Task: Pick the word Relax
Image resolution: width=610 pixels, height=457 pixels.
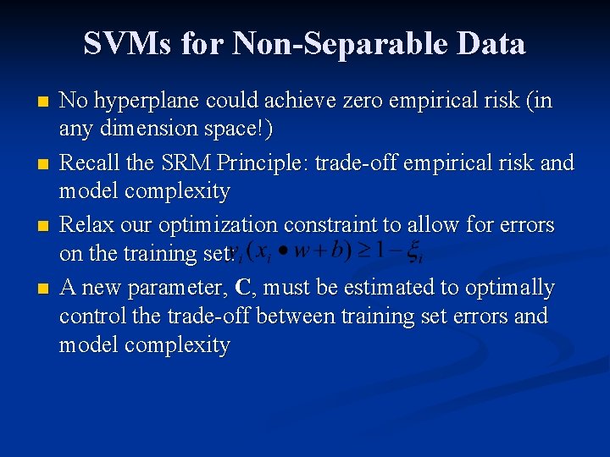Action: (85, 225)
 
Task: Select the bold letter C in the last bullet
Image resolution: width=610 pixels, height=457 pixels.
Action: (242, 288)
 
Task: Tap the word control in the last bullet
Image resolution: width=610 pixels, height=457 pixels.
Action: (87, 317)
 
